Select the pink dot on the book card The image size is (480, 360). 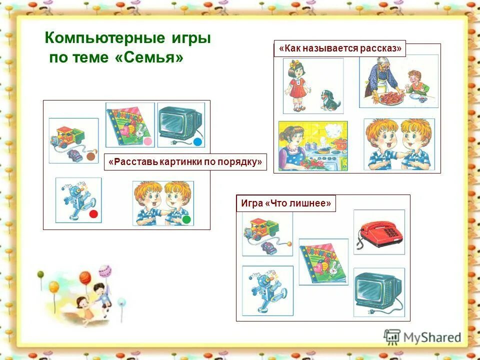click(x=147, y=141)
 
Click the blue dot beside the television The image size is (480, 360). click(x=197, y=142)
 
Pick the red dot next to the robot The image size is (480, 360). click(x=93, y=214)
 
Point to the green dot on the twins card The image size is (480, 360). click(x=186, y=219)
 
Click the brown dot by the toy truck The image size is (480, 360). click(x=90, y=156)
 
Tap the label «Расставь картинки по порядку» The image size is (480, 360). click(x=185, y=162)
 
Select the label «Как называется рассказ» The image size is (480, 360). click(x=340, y=48)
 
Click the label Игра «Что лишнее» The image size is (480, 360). click(x=285, y=203)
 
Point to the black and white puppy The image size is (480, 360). click(x=330, y=100)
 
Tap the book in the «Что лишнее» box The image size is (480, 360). click(x=323, y=261)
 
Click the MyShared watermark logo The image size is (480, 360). click(x=422, y=337)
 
